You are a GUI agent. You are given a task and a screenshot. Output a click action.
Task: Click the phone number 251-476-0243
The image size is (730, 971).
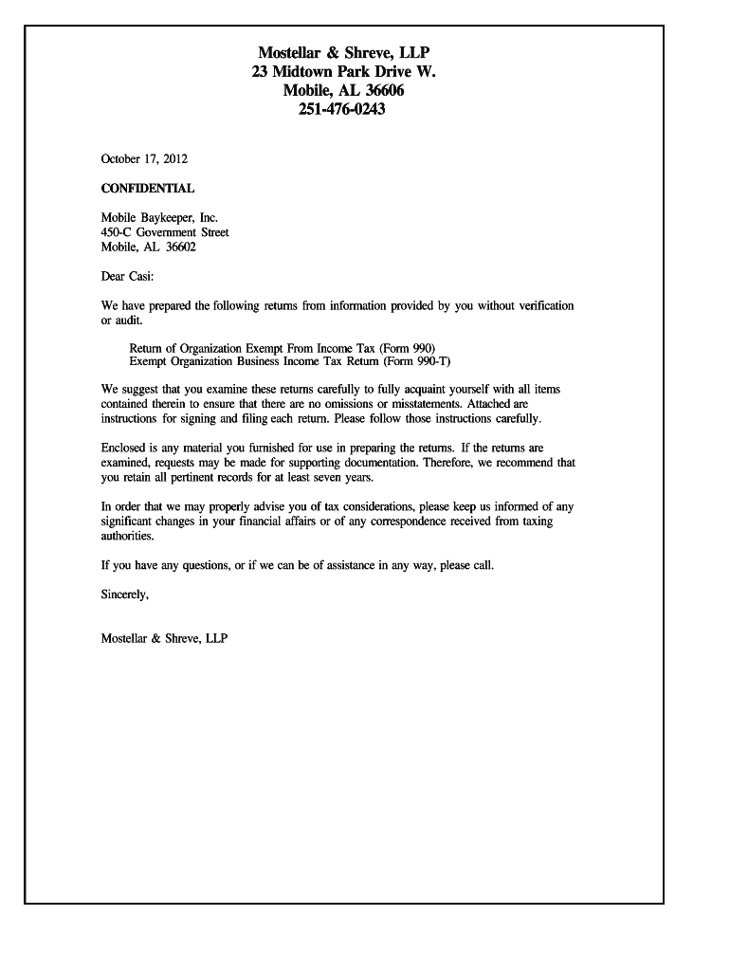[x=344, y=111]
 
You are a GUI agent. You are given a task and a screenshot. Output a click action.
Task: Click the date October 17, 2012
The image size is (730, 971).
[x=137, y=158]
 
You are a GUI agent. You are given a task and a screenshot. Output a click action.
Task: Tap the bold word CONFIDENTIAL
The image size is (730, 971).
[x=148, y=189]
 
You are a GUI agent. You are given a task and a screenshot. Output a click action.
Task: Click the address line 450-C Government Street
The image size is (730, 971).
[x=165, y=232]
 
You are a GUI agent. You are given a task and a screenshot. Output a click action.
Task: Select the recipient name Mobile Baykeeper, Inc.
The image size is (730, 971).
[x=159, y=218]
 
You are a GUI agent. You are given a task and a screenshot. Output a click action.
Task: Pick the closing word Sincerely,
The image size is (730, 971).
[x=125, y=595]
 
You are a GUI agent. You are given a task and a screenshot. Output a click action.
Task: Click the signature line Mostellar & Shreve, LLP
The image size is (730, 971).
[x=164, y=638]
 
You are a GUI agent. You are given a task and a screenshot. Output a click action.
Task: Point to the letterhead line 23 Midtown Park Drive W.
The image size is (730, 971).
[x=344, y=71]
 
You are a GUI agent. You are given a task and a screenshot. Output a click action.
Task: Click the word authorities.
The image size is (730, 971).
[x=127, y=536]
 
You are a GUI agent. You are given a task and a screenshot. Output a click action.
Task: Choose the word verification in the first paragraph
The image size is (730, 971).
[x=540, y=306]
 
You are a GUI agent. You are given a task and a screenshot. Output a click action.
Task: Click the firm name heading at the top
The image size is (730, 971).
[x=344, y=51]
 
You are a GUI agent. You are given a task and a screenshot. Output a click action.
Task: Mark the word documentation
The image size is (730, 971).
[x=379, y=463]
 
